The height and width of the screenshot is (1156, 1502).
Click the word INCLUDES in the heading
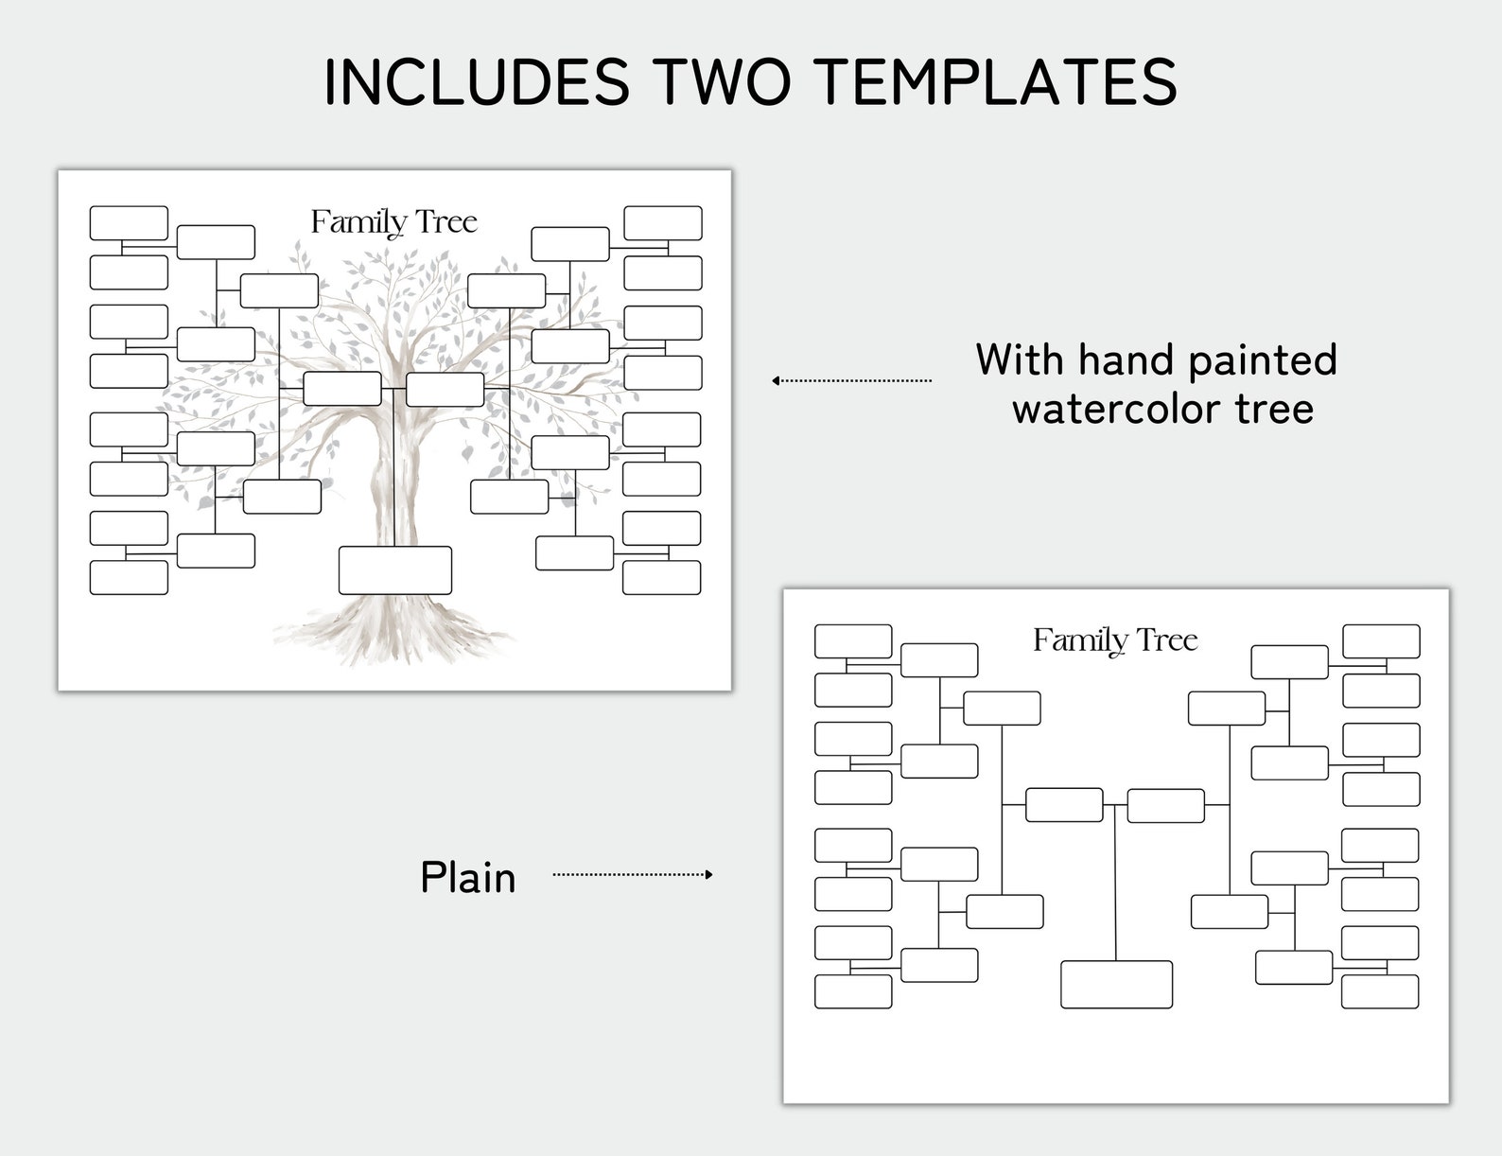pyautogui.click(x=476, y=81)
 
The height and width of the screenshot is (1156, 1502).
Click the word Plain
pyautogui.click(x=468, y=878)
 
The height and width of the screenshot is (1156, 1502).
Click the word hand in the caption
pyautogui.click(x=1122, y=359)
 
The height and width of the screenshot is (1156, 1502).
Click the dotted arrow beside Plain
pyautogui.click(x=632, y=874)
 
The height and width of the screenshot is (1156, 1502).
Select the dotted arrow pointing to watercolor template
pyautogui.click(x=851, y=380)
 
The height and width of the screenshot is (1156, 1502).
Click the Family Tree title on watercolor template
pyautogui.click(x=393, y=222)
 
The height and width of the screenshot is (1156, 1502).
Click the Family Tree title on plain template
pyautogui.click(x=1115, y=640)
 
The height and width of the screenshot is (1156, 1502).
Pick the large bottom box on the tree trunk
pyautogui.click(x=394, y=569)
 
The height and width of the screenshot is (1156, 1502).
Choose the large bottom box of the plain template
pyautogui.click(x=1116, y=984)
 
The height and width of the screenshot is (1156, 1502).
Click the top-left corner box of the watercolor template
pyautogui.click(x=129, y=223)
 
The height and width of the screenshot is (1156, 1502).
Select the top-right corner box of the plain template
pyautogui.click(x=1381, y=640)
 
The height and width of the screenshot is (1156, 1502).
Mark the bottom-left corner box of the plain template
pyautogui.click(x=853, y=990)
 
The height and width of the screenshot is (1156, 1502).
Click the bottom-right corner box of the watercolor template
pyautogui.click(x=661, y=577)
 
